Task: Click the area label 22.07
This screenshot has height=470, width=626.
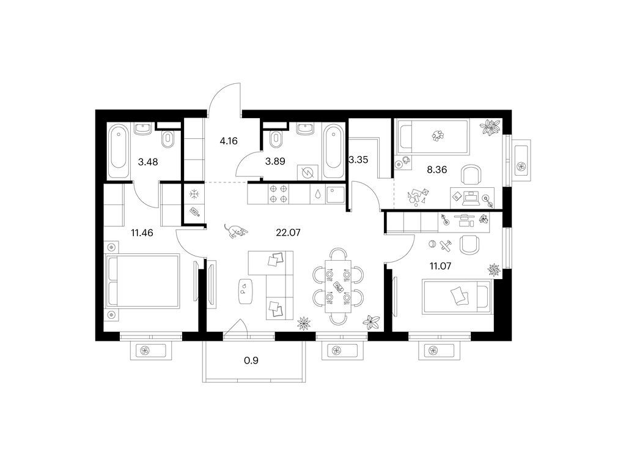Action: tap(288, 232)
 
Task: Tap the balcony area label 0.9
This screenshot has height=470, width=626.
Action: tap(251, 360)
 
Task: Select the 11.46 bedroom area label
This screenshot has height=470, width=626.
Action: tap(142, 233)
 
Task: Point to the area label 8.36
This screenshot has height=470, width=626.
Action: tap(436, 170)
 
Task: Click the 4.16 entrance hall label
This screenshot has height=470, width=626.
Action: tap(229, 141)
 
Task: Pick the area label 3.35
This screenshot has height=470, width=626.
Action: tap(358, 160)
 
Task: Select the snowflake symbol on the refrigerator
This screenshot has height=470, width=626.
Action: tap(194, 194)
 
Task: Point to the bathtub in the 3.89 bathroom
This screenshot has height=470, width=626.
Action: tap(333, 151)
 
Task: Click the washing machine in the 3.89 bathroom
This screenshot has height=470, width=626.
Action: tap(308, 173)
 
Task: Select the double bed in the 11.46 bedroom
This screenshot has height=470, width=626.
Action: tap(143, 281)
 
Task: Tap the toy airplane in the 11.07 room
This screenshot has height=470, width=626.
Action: tap(446, 245)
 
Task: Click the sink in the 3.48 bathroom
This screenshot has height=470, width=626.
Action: tap(143, 129)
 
